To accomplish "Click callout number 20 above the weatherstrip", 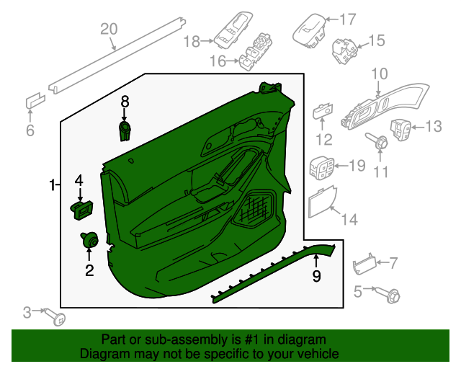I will click(108, 29).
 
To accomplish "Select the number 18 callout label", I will click(191, 43).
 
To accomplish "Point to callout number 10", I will click(379, 73).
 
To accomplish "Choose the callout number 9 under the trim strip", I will click(315, 275).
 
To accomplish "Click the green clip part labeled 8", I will click(126, 131).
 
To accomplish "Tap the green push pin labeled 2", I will click(90, 241).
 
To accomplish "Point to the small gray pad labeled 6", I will click(33, 101).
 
